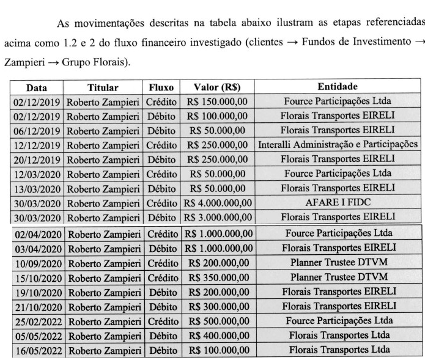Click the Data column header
(37, 87)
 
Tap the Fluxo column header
(161, 87)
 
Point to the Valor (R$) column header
(217, 87)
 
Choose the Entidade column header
(338, 87)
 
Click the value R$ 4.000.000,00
(217, 204)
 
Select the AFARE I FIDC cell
(338, 204)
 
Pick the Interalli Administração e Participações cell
(338, 145)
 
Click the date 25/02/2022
(37, 321)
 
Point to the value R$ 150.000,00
(217, 101)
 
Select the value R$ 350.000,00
(217, 277)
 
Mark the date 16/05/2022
(37, 350)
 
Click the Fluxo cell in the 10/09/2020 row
(161, 262)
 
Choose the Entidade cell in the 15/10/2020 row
(338, 277)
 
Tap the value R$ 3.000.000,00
(217, 218)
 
